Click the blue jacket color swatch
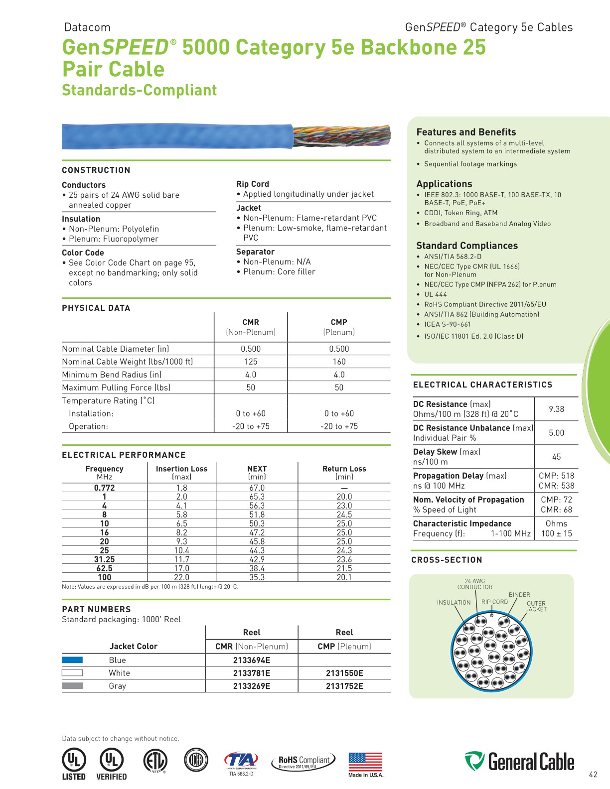(x=72, y=660)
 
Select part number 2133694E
(x=252, y=660)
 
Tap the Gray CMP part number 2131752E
(x=344, y=686)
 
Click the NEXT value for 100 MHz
(x=257, y=577)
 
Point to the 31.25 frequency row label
(x=104, y=559)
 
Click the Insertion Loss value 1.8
(x=181, y=488)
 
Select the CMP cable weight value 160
(x=339, y=362)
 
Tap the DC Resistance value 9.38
(x=556, y=409)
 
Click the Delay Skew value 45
(x=556, y=457)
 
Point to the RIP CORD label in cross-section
(x=494, y=602)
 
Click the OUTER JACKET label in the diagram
(x=536, y=606)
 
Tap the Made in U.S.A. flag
(x=365, y=762)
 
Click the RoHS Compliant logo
(x=304, y=762)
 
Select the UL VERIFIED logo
(x=111, y=764)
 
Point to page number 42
(x=593, y=775)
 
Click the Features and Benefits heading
(x=466, y=132)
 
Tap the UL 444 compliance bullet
(x=436, y=294)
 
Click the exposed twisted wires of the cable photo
(x=342, y=136)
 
